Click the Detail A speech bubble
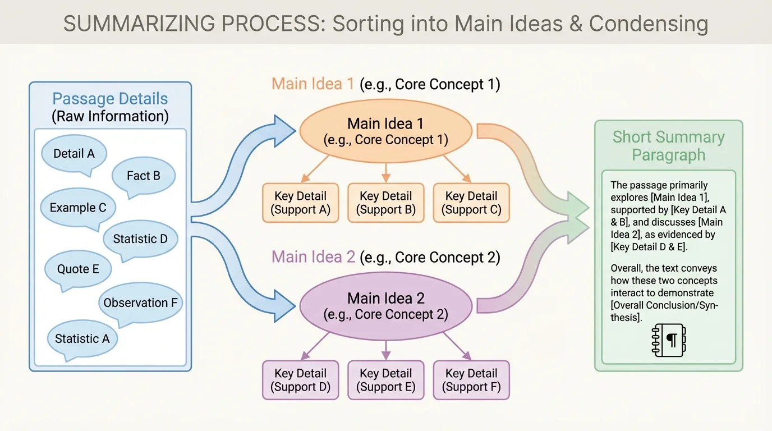click(73, 153)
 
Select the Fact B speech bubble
click(144, 176)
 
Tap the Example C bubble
click(78, 207)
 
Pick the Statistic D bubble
click(140, 239)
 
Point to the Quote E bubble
click(78, 269)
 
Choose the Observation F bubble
click(140, 302)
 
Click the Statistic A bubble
click(82, 338)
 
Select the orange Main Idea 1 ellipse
click(385, 131)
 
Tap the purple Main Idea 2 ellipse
click(385, 306)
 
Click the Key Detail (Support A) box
click(300, 203)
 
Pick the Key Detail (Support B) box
click(385, 203)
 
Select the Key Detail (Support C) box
click(471, 203)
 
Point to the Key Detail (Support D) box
click(300, 380)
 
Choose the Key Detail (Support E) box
click(385, 380)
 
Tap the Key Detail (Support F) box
click(471, 380)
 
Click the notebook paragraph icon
click(669, 340)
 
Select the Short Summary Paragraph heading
click(668, 146)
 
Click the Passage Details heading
click(110, 99)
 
